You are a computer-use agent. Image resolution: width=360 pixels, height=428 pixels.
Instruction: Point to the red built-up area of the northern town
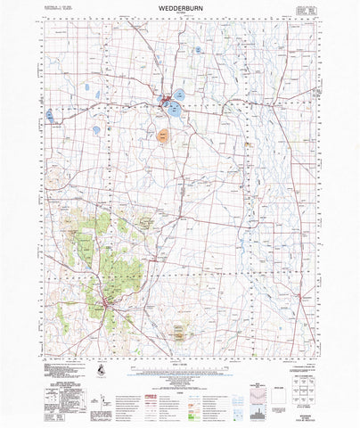[166, 100]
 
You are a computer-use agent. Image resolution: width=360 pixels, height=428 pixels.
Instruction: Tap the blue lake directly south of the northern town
[170, 111]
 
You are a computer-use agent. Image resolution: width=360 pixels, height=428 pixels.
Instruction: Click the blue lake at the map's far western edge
[50, 115]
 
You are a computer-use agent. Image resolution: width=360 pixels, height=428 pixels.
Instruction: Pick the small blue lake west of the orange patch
[96, 129]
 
